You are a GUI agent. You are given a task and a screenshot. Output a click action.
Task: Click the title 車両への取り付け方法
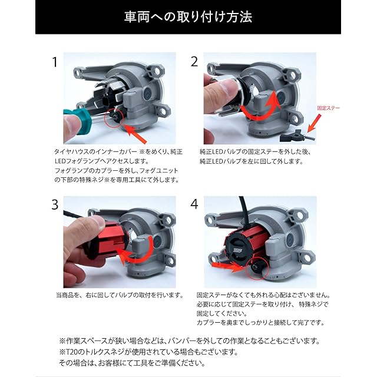188,17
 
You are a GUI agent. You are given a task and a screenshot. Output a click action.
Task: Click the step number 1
55,62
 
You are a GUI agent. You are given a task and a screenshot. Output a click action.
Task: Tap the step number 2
194,61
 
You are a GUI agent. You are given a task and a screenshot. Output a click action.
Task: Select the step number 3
55,205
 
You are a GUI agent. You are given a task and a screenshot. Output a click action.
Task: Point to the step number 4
194,204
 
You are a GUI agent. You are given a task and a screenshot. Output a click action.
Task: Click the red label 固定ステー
329,108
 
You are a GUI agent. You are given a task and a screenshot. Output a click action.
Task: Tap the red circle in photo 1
114,118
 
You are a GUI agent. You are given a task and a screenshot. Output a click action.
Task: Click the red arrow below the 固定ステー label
314,123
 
